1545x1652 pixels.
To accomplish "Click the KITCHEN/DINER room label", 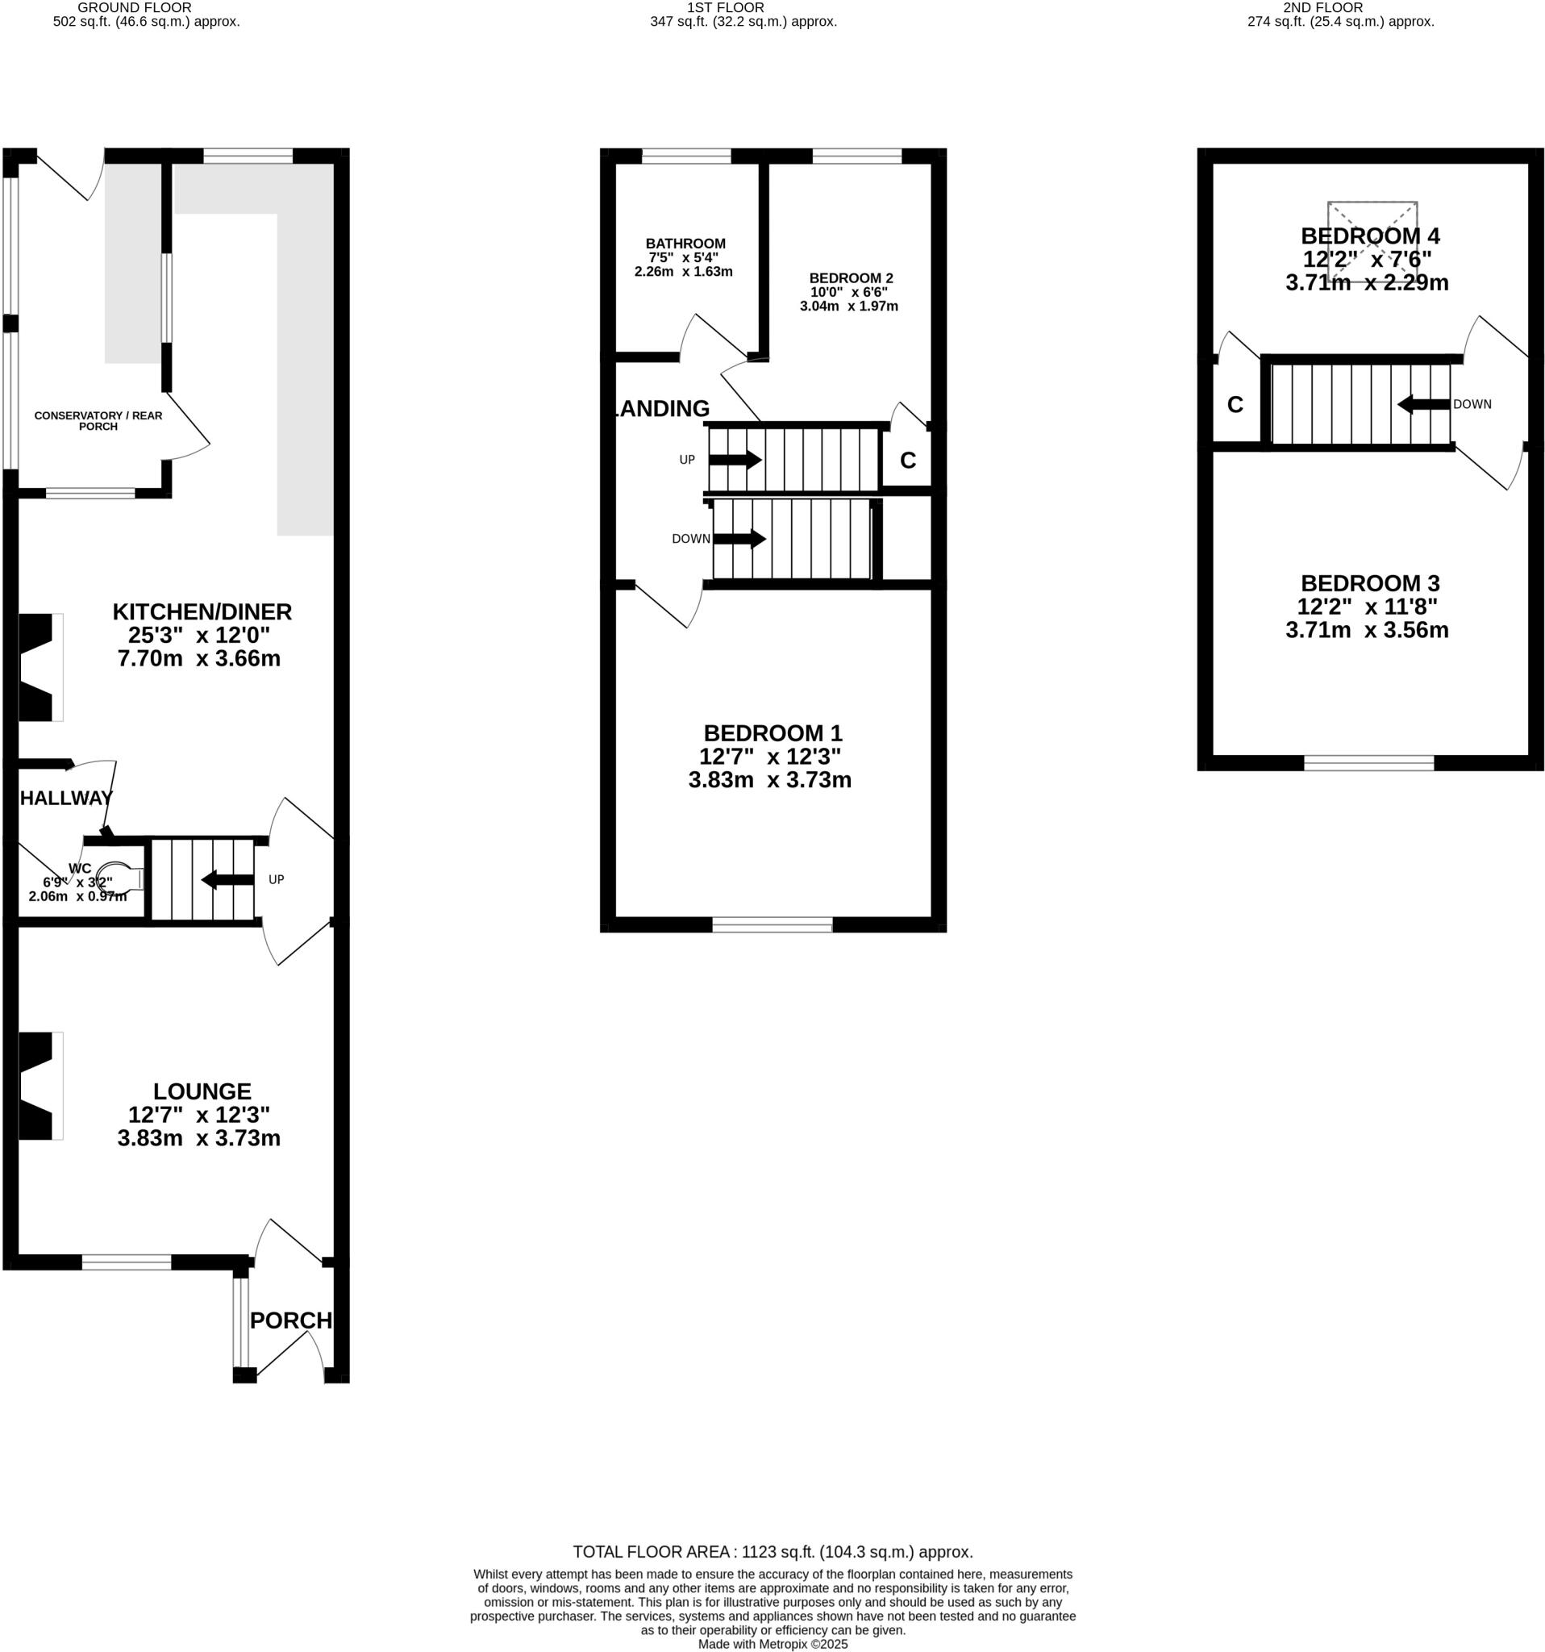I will pyautogui.click(x=202, y=612).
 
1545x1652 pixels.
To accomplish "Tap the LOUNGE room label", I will pyautogui.click(x=202, y=1091).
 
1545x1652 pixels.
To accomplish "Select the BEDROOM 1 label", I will pyautogui.click(x=772, y=733).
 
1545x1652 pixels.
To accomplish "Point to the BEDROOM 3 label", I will pyautogui.click(x=1369, y=583).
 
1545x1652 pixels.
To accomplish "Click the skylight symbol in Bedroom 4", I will pyautogui.click(x=1372, y=241).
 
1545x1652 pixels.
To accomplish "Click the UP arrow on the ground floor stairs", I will pyautogui.click(x=227, y=879).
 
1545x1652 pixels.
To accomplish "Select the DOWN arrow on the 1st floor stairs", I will pyautogui.click(x=739, y=539).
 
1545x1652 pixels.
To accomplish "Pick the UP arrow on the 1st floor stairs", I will pyautogui.click(x=735, y=460).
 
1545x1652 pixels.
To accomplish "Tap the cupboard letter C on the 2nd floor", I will pyautogui.click(x=1235, y=405).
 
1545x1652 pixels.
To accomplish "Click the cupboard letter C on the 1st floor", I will pyautogui.click(x=907, y=461).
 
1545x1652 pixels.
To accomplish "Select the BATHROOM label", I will pyautogui.click(x=685, y=244).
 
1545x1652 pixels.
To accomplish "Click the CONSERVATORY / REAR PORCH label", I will pyautogui.click(x=98, y=420).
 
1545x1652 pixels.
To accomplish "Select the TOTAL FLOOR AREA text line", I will pyautogui.click(x=772, y=1551).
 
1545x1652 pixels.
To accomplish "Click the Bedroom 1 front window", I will pyautogui.click(x=772, y=925).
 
